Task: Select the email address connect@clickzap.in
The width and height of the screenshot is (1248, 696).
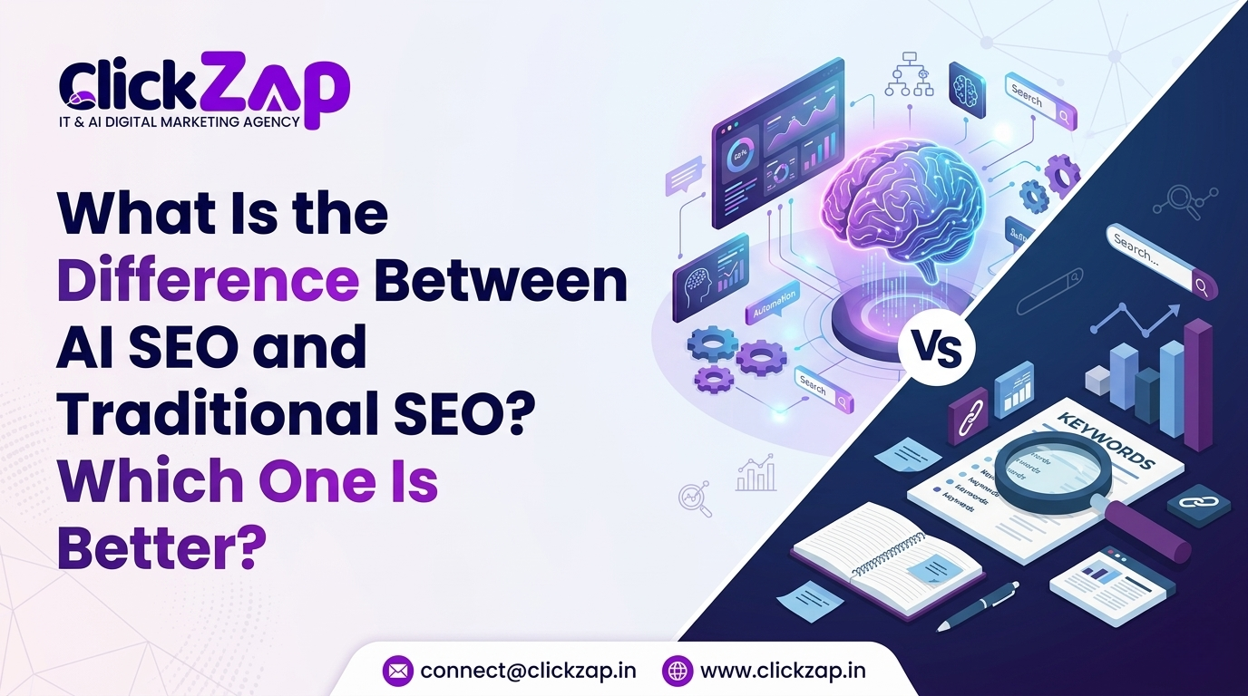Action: click(528, 671)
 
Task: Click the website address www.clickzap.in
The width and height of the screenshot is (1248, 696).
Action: click(783, 671)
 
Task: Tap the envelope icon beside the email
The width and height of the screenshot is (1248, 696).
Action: click(397, 671)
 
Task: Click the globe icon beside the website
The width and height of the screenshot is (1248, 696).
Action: click(678, 671)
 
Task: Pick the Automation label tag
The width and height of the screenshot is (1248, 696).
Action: click(773, 305)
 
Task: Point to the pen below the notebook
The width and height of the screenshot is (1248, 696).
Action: click(978, 604)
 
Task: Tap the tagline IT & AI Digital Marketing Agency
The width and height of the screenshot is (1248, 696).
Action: click(180, 121)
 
